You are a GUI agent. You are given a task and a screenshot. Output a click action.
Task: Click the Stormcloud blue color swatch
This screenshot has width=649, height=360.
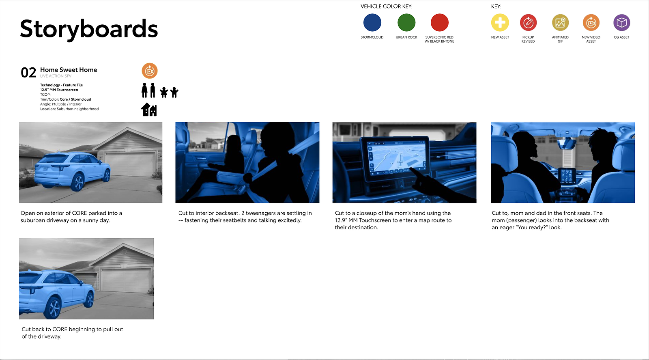372,23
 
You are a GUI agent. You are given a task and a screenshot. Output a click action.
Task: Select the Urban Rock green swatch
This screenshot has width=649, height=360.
406,23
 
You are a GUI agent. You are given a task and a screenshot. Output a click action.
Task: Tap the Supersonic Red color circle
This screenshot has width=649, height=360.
440,23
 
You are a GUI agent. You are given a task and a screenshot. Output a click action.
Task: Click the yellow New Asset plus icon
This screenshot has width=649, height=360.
500,23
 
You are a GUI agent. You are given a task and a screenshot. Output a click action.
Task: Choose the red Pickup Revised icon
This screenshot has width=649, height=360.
528,23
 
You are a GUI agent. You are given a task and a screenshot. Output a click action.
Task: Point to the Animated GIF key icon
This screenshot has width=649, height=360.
560,23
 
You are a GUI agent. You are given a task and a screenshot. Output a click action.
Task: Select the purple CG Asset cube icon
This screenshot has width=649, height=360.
622,23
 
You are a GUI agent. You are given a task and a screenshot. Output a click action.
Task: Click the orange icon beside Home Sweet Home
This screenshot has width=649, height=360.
150,71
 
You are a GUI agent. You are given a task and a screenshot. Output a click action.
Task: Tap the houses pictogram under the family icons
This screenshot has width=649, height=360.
148,110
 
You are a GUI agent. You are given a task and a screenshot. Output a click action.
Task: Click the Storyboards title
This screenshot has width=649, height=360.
89,29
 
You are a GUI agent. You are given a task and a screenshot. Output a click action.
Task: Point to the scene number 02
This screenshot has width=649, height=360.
28,73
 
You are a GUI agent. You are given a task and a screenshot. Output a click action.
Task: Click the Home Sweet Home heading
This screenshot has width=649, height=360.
69,70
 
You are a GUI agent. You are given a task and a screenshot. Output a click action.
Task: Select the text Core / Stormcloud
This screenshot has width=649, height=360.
75,99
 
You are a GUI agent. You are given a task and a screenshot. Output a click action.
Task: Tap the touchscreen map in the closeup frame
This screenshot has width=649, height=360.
397,157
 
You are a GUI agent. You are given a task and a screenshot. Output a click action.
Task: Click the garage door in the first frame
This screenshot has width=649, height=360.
130,164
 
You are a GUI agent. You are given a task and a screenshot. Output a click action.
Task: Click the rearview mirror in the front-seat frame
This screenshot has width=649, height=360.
567,143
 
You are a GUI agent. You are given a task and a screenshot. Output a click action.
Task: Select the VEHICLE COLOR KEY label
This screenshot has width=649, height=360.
386,6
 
